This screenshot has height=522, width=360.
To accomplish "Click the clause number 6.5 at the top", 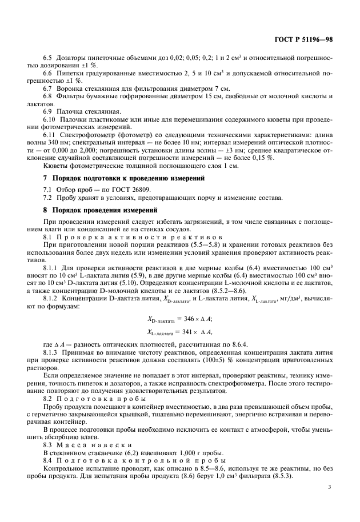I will click(49, 58).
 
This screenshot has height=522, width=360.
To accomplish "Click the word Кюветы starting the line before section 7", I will click(55, 166).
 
